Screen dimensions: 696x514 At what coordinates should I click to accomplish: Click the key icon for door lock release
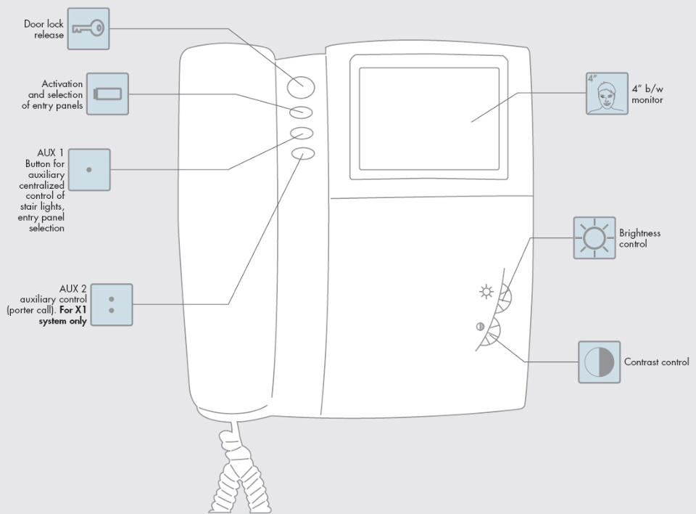[x=88, y=28]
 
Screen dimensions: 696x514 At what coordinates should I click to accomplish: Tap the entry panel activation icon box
[x=107, y=94]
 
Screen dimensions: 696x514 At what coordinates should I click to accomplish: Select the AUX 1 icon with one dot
[x=89, y=170]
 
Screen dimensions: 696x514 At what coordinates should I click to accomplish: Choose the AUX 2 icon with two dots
[x=112, y=305]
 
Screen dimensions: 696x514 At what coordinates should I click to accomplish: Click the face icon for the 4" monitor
[x=607, y=94]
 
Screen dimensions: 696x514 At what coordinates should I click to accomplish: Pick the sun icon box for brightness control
[x=594, y=238]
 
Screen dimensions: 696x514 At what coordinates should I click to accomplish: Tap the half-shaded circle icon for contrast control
[x=600, y=362]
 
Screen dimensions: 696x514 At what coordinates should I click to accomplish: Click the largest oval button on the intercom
[x=300, y=86]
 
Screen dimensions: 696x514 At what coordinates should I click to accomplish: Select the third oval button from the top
[x=302, y=133]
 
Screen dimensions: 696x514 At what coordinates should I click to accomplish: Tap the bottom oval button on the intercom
[x=303, y=153]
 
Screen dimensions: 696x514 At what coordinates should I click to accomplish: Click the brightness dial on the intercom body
[x=505, y=297]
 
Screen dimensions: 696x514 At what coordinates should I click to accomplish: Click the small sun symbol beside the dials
[x=486, y=292]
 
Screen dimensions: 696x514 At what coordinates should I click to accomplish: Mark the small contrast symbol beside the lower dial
[x=480, y=327]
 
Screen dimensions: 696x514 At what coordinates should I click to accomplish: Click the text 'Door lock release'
[x=43, y=29]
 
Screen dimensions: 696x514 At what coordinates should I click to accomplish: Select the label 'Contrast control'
[x=657, y=362]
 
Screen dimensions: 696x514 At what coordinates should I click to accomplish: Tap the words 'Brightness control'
[x=639, y=238]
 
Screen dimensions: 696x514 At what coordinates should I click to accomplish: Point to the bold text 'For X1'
[x=73, y=310]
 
